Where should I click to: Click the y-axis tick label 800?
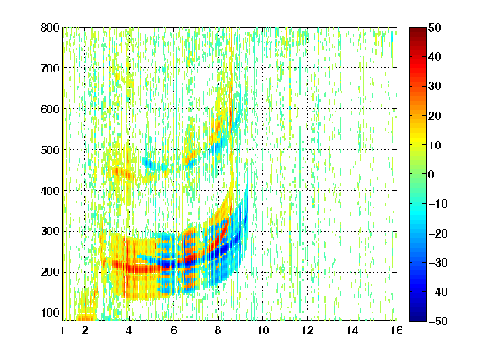[50, 27]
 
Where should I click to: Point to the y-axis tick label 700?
[50, 68]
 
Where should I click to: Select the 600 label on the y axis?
[50, 109]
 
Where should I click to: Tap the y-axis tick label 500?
[50, 150]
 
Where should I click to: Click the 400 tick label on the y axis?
[50, 191]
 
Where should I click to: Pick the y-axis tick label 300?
[50, 231]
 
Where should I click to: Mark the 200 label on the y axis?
[50, 272]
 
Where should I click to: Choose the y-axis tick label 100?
[50, 312]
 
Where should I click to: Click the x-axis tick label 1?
[62, 330]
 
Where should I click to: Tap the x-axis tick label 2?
[85, 330]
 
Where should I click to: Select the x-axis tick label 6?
[174, 330]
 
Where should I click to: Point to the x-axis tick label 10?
[263, 330]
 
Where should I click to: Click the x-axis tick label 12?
[307, 330]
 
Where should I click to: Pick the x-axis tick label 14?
[352, 330]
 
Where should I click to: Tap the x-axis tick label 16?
[397, 330]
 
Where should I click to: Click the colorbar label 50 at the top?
[434, 27]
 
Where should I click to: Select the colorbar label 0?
[432, 174]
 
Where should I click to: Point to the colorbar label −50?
[438, 321]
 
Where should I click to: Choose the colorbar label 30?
[434, 86]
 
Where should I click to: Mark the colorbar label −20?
[438, 233]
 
